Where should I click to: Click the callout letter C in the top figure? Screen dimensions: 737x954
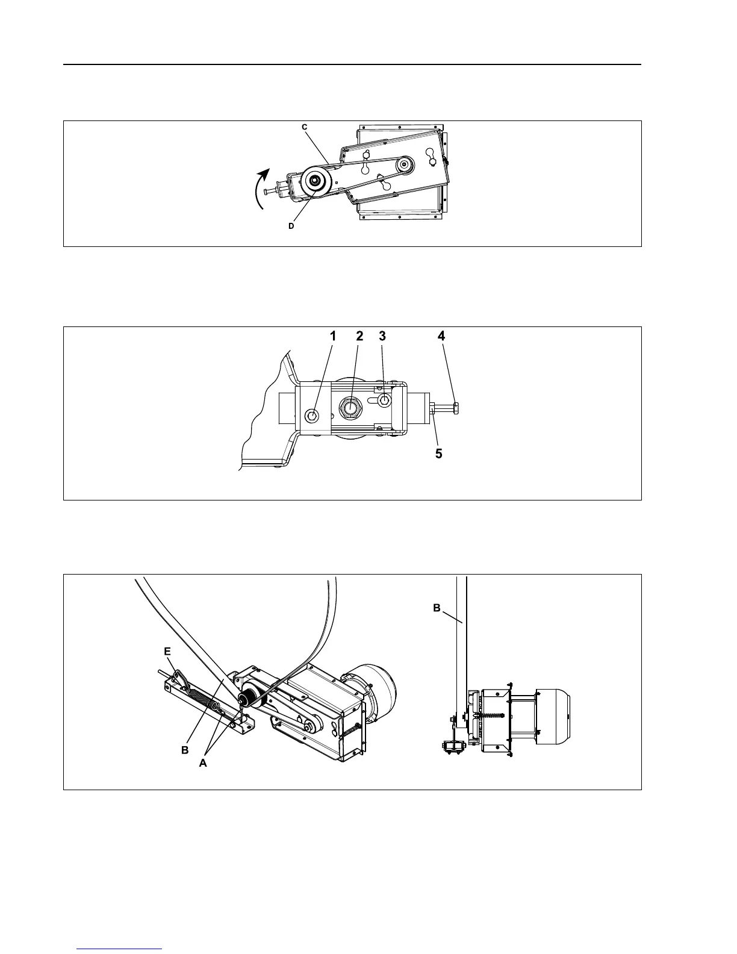click(305, 127)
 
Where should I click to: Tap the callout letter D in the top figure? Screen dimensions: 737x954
click(291, 226)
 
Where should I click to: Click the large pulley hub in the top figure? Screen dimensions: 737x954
click(314, 180)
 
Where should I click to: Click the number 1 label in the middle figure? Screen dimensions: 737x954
click(332, 337)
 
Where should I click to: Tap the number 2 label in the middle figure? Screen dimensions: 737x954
click(359, 337)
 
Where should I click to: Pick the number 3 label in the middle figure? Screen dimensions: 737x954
click(382, 337)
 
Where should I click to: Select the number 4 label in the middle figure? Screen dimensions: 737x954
click(441, 336)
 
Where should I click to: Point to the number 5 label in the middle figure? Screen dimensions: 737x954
click(439, 454)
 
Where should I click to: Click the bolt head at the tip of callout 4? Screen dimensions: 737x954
click(456, 409)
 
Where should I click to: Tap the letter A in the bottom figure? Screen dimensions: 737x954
click(203, 762)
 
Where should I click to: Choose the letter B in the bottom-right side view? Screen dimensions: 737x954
click(437, 608)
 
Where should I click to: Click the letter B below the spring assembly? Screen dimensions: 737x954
click(185, 751)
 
